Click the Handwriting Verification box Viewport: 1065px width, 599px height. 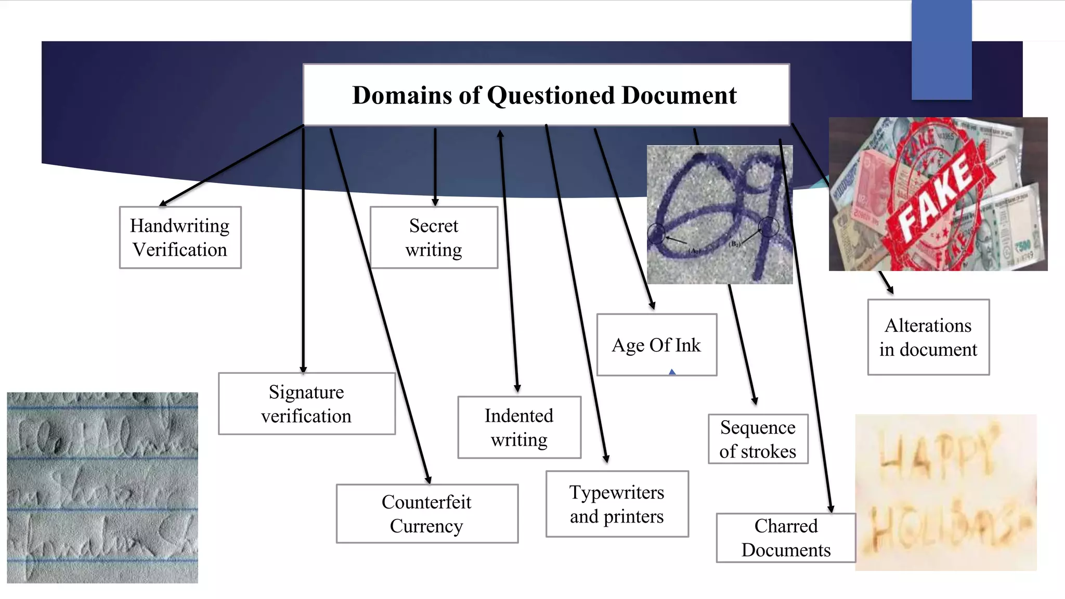[180, 238]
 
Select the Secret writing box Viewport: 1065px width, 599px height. [434, 238]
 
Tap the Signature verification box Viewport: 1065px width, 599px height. [306, 404]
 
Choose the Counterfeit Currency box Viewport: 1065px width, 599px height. [426, 514]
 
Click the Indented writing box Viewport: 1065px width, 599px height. [519, 427]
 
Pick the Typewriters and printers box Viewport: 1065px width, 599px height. [617, 504]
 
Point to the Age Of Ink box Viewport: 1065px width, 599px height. [656, 345]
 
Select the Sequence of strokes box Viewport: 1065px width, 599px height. [758, 439]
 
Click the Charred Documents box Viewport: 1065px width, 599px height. [786, 538]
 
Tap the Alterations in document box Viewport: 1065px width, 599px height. [928, 337]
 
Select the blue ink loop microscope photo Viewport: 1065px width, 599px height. [719, 214]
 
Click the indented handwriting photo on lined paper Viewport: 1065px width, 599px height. [102, 487]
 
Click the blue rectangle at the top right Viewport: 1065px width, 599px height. [941, 49]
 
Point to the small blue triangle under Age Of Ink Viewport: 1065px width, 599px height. [672, 372]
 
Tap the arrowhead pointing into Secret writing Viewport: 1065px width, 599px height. [435, 202]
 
